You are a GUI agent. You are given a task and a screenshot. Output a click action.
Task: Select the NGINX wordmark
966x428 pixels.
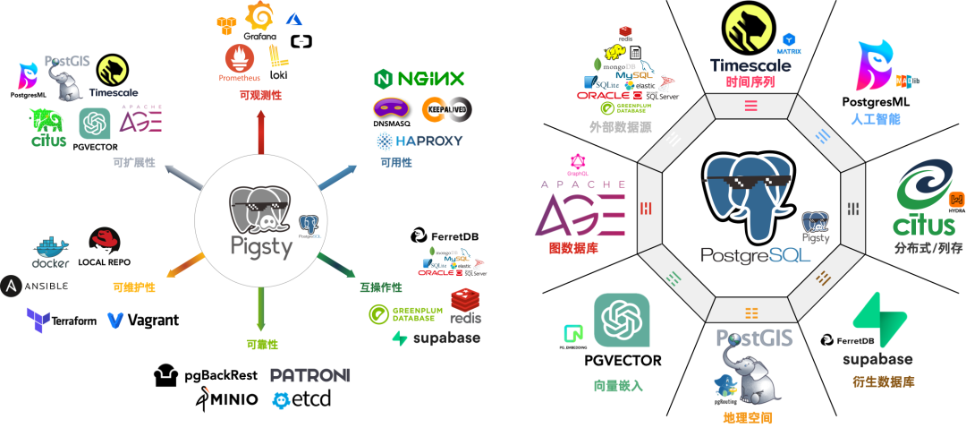[419, 78]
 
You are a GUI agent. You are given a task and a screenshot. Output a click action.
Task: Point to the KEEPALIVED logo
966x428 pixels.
[446, 109]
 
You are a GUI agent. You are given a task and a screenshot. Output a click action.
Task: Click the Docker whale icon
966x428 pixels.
[51, 248]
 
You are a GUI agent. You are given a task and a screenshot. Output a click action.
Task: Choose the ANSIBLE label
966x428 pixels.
[35, 287]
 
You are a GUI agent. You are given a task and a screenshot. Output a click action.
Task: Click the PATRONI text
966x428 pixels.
[309, 375]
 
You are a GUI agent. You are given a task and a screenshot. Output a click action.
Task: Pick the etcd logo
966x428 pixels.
[301, 399]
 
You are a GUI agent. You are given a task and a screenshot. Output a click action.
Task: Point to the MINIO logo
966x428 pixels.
[226, 399]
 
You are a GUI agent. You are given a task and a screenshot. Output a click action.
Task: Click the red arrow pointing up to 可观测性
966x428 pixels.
[260, 134]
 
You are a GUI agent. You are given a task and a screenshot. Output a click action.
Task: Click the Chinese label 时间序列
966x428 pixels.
[750, 81]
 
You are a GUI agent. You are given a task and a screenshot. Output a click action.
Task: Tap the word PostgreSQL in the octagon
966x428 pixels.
[756, 254]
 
